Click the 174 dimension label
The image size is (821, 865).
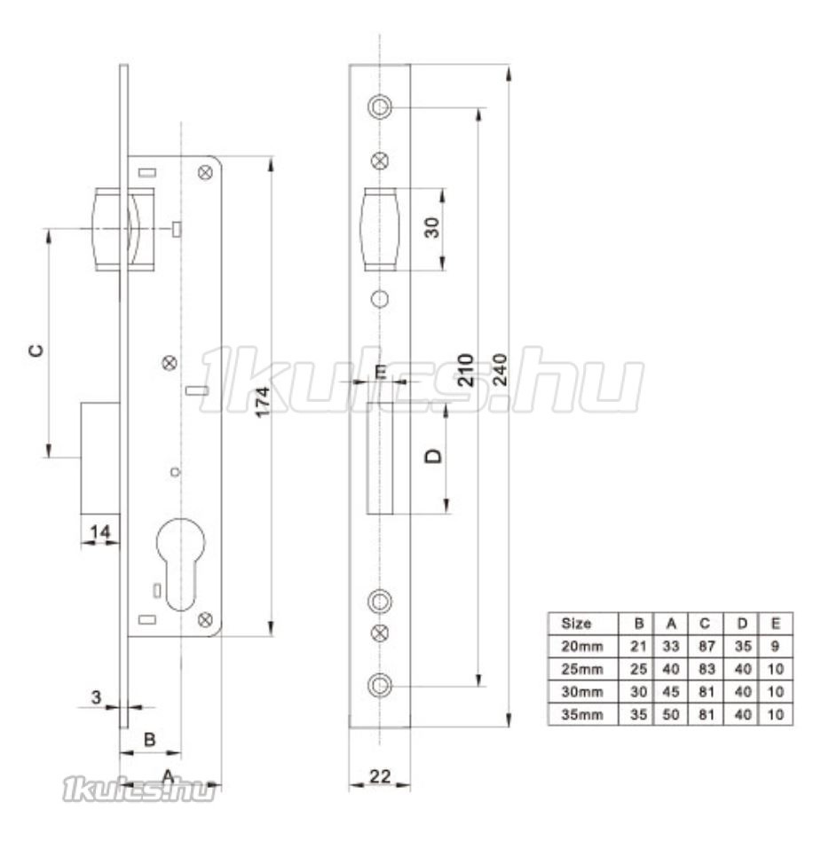pyautogui.click(x=264, y=401)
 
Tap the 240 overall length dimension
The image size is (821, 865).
pyautogui.click(x=499, y=370)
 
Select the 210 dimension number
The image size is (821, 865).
pyautogui.click(x=465, y=370)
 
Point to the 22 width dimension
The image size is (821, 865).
pyautogui.click(x=380, y=776)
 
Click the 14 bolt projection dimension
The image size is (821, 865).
pyautogui.click(x=100, y=531)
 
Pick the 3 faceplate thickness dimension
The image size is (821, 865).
pyautogui.click(x=97, y=696)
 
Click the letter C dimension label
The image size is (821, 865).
pyautogui.click(x=36, y=350)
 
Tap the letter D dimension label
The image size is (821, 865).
pyautogui.click(x=434, y=456)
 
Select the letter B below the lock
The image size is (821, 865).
pyautogui.click(x=149, y=739)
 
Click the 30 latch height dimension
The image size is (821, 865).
pyautogui.click(x=433, y=227)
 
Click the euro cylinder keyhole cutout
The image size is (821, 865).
pyautogui.click(x=180, y=563)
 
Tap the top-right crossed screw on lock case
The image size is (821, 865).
pyautogui.click(x=205, y=173)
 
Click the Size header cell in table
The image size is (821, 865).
pyautogui.click(x=575, y=624)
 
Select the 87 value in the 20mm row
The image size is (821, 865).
pyautogui.click(x=707, y=646)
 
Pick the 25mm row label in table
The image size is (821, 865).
pyautogui.click(x=581, y=669)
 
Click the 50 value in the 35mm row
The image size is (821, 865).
pyautogui.click(x=671, y=714)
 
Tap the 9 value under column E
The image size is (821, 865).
pyautogui.click(x=775, y=646)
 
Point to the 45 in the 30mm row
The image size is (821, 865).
pyautogui.click(x=671, y=692)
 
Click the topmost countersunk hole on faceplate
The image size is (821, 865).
pyautogui.click(x=380, y=106)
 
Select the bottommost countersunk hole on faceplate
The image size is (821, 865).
pyautogui.click(x=380, y=686)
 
